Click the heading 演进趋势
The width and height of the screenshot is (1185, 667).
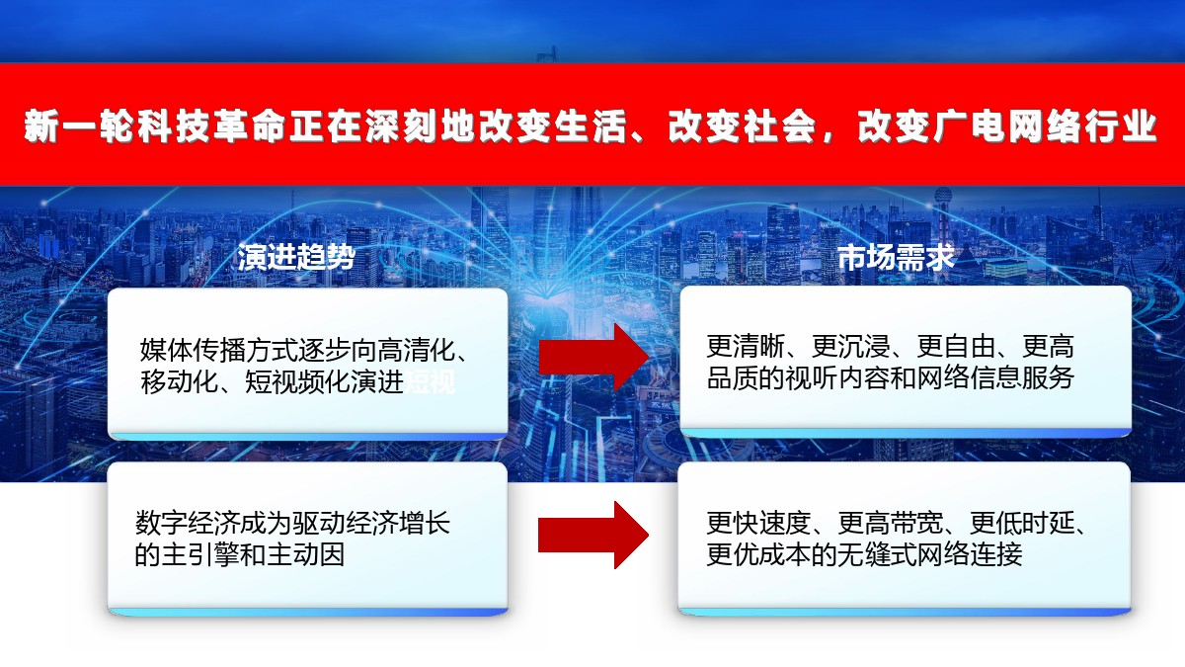tap(296, 257)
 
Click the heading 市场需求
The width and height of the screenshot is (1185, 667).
tap(897, 257)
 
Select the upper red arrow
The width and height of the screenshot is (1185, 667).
tap(593, 358)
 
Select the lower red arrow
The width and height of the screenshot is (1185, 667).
tap(593, 535)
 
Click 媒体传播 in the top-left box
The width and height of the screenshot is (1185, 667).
tap(192, 350)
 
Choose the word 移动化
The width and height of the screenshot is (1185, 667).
tap(179, 381)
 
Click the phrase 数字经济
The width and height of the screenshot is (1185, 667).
tap(188, 523)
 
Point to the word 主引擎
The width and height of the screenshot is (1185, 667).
tap(200, 554)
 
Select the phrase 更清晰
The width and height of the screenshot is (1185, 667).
tap(746, 346)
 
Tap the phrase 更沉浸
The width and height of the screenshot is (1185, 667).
tap(850, 346)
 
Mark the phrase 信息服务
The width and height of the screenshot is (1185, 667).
tap(1021, 377)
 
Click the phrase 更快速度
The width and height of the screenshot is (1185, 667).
tap(758, 523)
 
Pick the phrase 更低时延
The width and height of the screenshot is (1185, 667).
tap(1022, 523)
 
